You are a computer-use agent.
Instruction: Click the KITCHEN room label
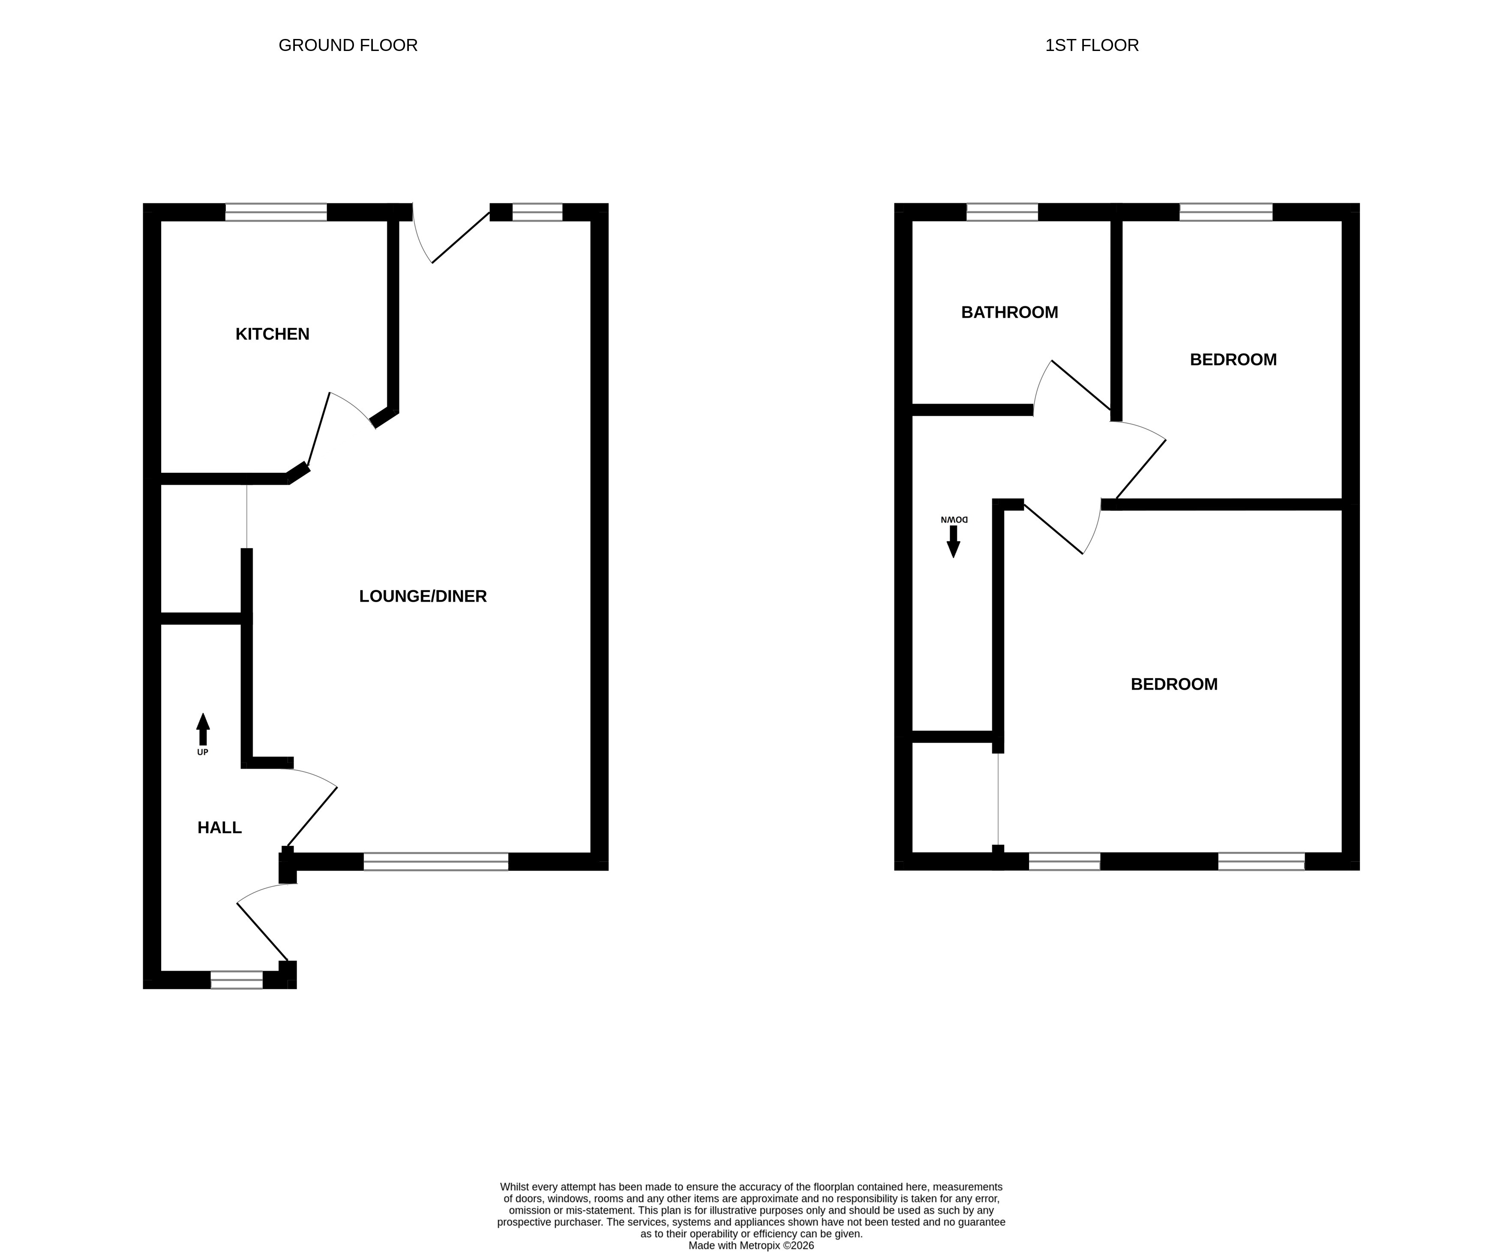272,334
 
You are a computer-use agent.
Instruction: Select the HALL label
220,828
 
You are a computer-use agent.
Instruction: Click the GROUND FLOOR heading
348,45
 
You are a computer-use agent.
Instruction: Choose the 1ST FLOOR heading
1092,45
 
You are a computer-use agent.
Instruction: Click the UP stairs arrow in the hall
203,729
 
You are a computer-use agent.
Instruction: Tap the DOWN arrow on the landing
953,541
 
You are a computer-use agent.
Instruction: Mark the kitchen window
276,212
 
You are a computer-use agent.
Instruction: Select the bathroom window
1002,212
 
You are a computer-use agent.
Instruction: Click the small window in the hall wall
237,980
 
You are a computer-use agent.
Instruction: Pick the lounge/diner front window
436,861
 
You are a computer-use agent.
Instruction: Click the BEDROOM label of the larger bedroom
1174,684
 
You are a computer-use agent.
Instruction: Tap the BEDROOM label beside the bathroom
1233,360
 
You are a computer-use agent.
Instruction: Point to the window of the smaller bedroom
1226,212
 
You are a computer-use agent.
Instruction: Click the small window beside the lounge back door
537,212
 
